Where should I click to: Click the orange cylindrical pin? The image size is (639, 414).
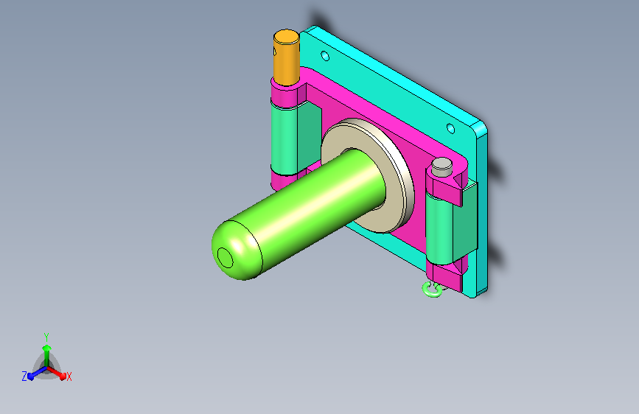[x=286, y=57]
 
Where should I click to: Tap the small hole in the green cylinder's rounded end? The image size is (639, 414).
[x=225, y=258]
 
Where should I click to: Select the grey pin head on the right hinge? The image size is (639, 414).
[x=441, y=167]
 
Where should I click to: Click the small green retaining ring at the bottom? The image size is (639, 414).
[x=432, y=290]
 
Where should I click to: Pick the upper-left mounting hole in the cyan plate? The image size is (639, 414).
[x=325, y=55]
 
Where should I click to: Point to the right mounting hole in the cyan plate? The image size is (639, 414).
[x=450, y=129]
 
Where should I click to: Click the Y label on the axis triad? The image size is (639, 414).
[x=46, y=337]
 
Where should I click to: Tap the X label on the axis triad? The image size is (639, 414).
[x=69, y=376]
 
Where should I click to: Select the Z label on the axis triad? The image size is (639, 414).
[x=24, y=376]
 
